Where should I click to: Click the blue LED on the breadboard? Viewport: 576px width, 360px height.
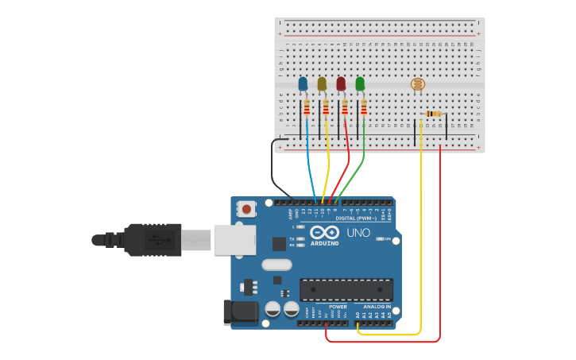pyautogui.click(x=303, y=83)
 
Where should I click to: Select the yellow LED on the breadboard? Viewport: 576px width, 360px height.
pyautogui.click(x=322, y=83)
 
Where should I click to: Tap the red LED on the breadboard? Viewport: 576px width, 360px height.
pyautogui.click(x=341, y=83)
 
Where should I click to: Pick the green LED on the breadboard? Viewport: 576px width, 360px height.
pyautogui.click(x=360, y=83)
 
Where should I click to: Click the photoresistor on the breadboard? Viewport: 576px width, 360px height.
pyautogui.click(x=417, y=84)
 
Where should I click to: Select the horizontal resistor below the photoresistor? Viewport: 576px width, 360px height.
pyautogui.click(x=433, y=114)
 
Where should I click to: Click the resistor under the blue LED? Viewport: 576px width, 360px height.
pyautogui.click(x=307, y=108)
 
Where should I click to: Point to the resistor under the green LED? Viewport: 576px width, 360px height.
pyautogui.click(x=364, y=108)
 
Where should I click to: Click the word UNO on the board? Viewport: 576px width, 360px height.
pyautogui.click(x=358, y=233)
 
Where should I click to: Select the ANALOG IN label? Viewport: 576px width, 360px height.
pyautogui.click(x=377, y=307)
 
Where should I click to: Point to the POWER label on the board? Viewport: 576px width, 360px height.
pyautogui.click(x=338, y=307)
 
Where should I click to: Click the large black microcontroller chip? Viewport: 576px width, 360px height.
pyautogui.click(x=346, y=290)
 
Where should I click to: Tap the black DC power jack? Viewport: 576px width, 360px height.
pyautogui.click(x=242, y=312)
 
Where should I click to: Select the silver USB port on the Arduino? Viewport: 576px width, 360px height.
pyautogui.click(x=234, y=239)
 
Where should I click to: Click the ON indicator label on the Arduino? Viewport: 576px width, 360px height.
pyautogui.click(x=389, y=238)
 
